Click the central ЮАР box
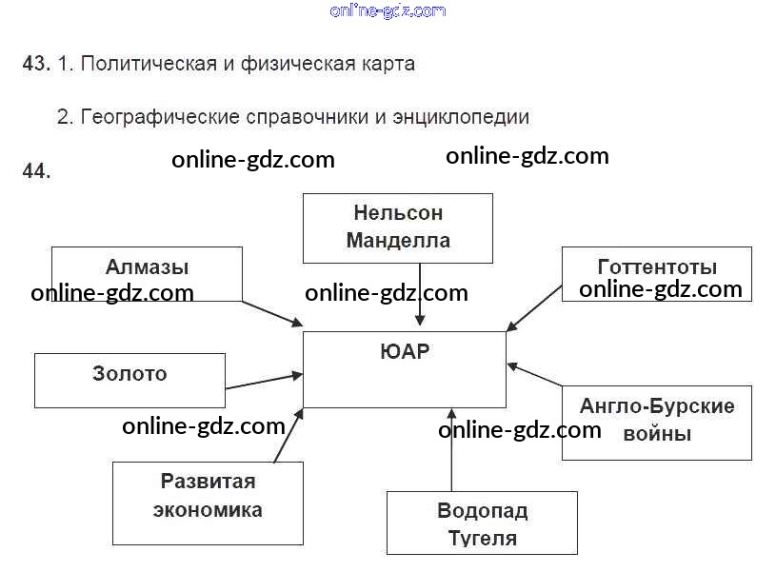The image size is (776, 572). click(x=404, y=369)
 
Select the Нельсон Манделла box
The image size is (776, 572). click(x=398, y=227)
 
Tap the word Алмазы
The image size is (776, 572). click(x=147, y=266)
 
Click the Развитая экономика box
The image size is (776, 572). click(x=208, y=496)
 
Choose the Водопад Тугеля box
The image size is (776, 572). click(x=482, y=523)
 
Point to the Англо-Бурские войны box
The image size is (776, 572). click(x=657, y=422)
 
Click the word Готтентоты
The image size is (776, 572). click(x=657, y=266)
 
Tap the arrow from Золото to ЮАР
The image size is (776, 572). click(x=264, y=382)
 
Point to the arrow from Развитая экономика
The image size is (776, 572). click(x=289, y=435)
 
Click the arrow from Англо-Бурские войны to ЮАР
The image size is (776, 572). click(x=534, y=375)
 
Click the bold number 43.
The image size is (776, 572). click(x=35, y=65)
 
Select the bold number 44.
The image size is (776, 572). click(x=35, y=171)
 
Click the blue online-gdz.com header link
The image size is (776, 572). click(x=388, y=10)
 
